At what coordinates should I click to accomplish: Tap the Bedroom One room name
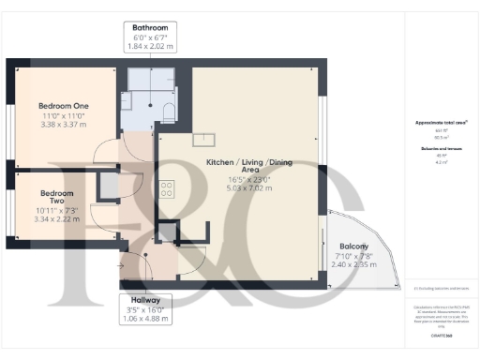(63, 106)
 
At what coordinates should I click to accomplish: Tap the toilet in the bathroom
(168, 112)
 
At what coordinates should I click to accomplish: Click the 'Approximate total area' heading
(441, 123)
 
